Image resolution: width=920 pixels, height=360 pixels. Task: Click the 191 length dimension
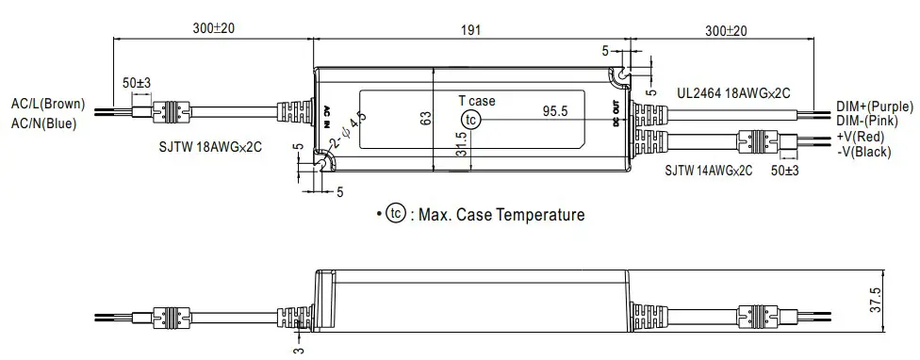[x=470, y=29]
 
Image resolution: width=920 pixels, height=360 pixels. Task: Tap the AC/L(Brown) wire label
[x=46, y=104]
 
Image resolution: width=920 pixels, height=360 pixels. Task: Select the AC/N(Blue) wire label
[x=42, y=122]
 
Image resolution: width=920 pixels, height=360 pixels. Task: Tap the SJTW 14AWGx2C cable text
[x=708, y=171]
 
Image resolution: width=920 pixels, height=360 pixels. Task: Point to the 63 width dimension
[x=423, y=119]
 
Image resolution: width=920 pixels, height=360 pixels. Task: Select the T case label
[x=476, y=101]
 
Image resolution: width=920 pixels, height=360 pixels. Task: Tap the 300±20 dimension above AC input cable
[x=213, y=29]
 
